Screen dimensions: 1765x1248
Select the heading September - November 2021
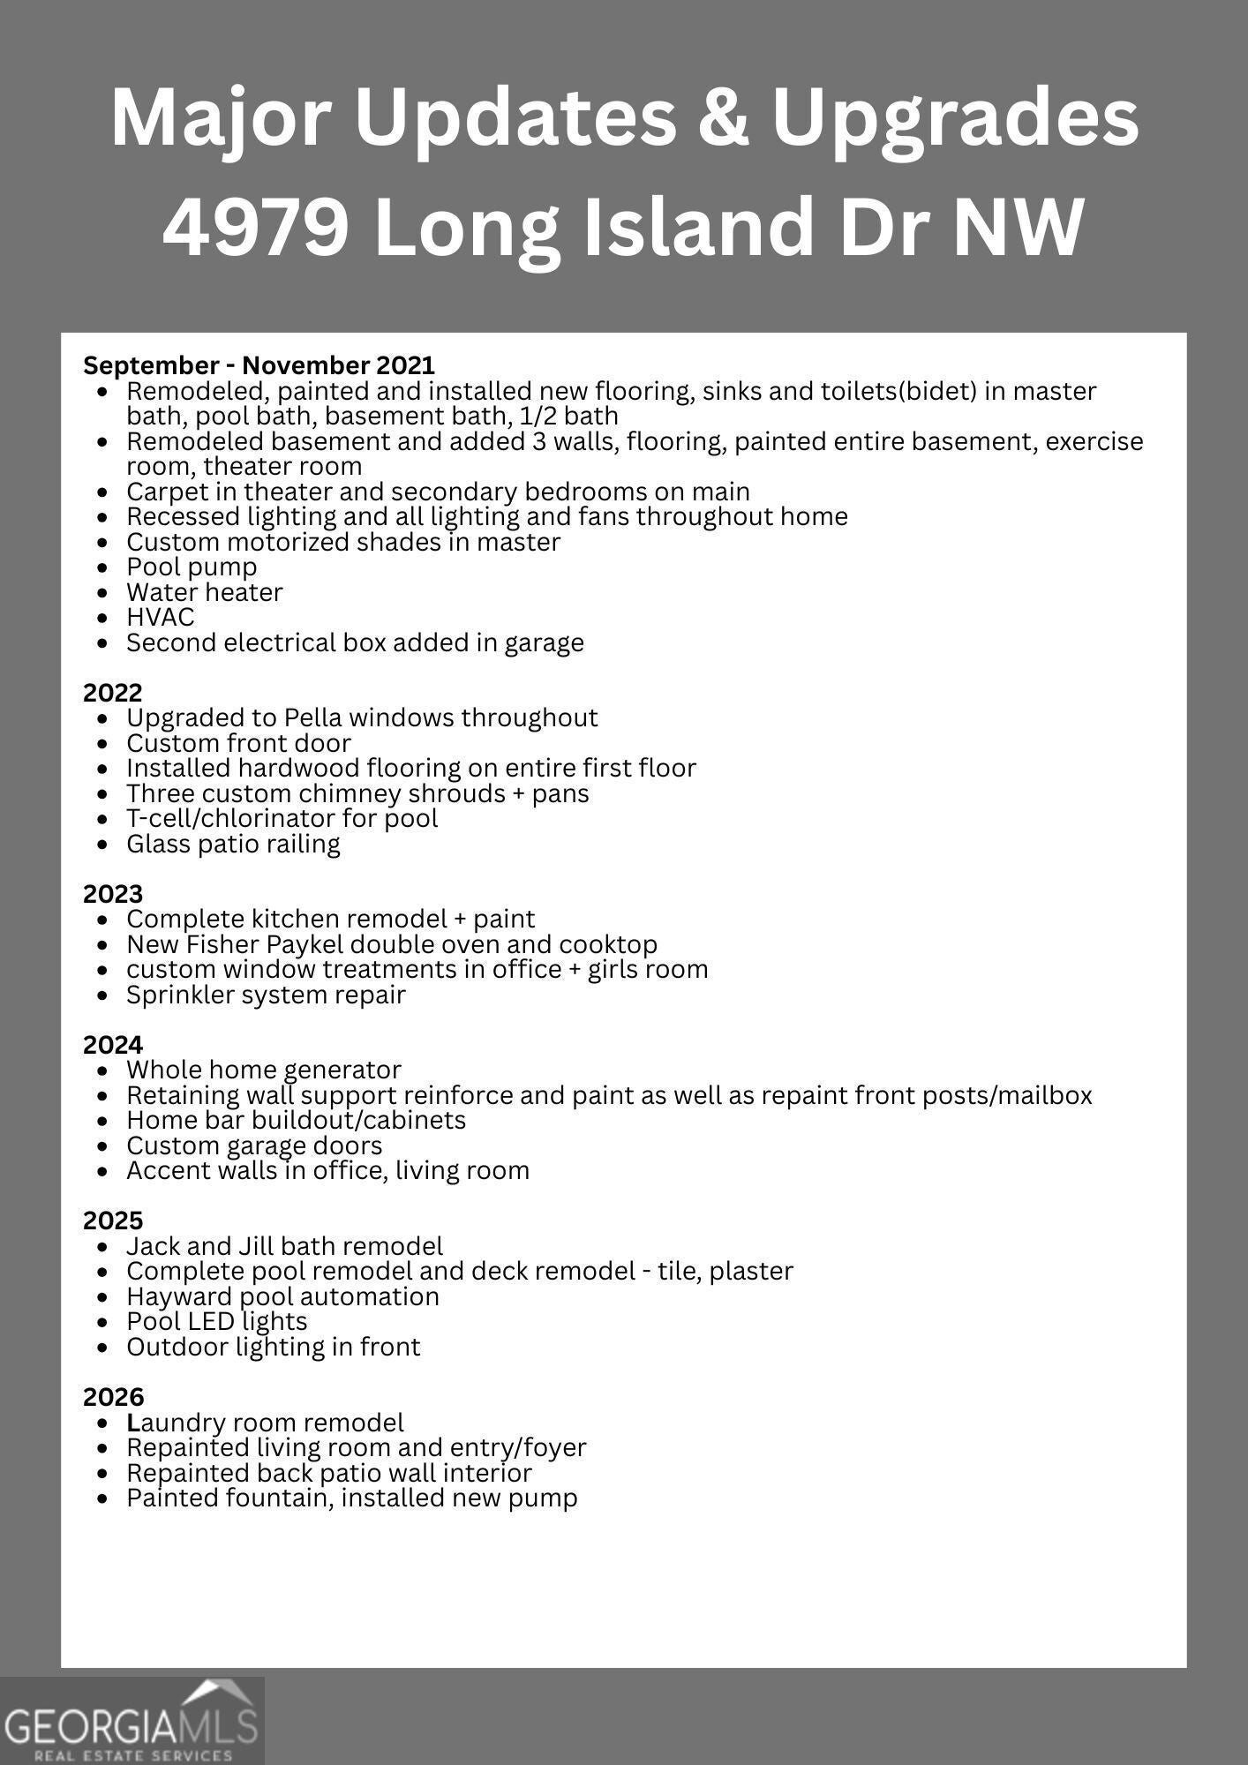[259, 365]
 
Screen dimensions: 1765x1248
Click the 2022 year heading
[112, 692]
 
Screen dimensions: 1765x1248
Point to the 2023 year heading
[112, 894]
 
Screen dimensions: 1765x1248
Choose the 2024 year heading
[112, 1045]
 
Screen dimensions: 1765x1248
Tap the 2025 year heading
[112, 1220]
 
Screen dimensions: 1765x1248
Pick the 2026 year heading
[113, 1397]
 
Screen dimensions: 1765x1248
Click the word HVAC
[160, 617]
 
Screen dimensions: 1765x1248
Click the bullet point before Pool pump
[105, 568]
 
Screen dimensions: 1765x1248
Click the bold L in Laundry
[133, 1423]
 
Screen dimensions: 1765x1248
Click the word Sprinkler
[179, 995]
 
